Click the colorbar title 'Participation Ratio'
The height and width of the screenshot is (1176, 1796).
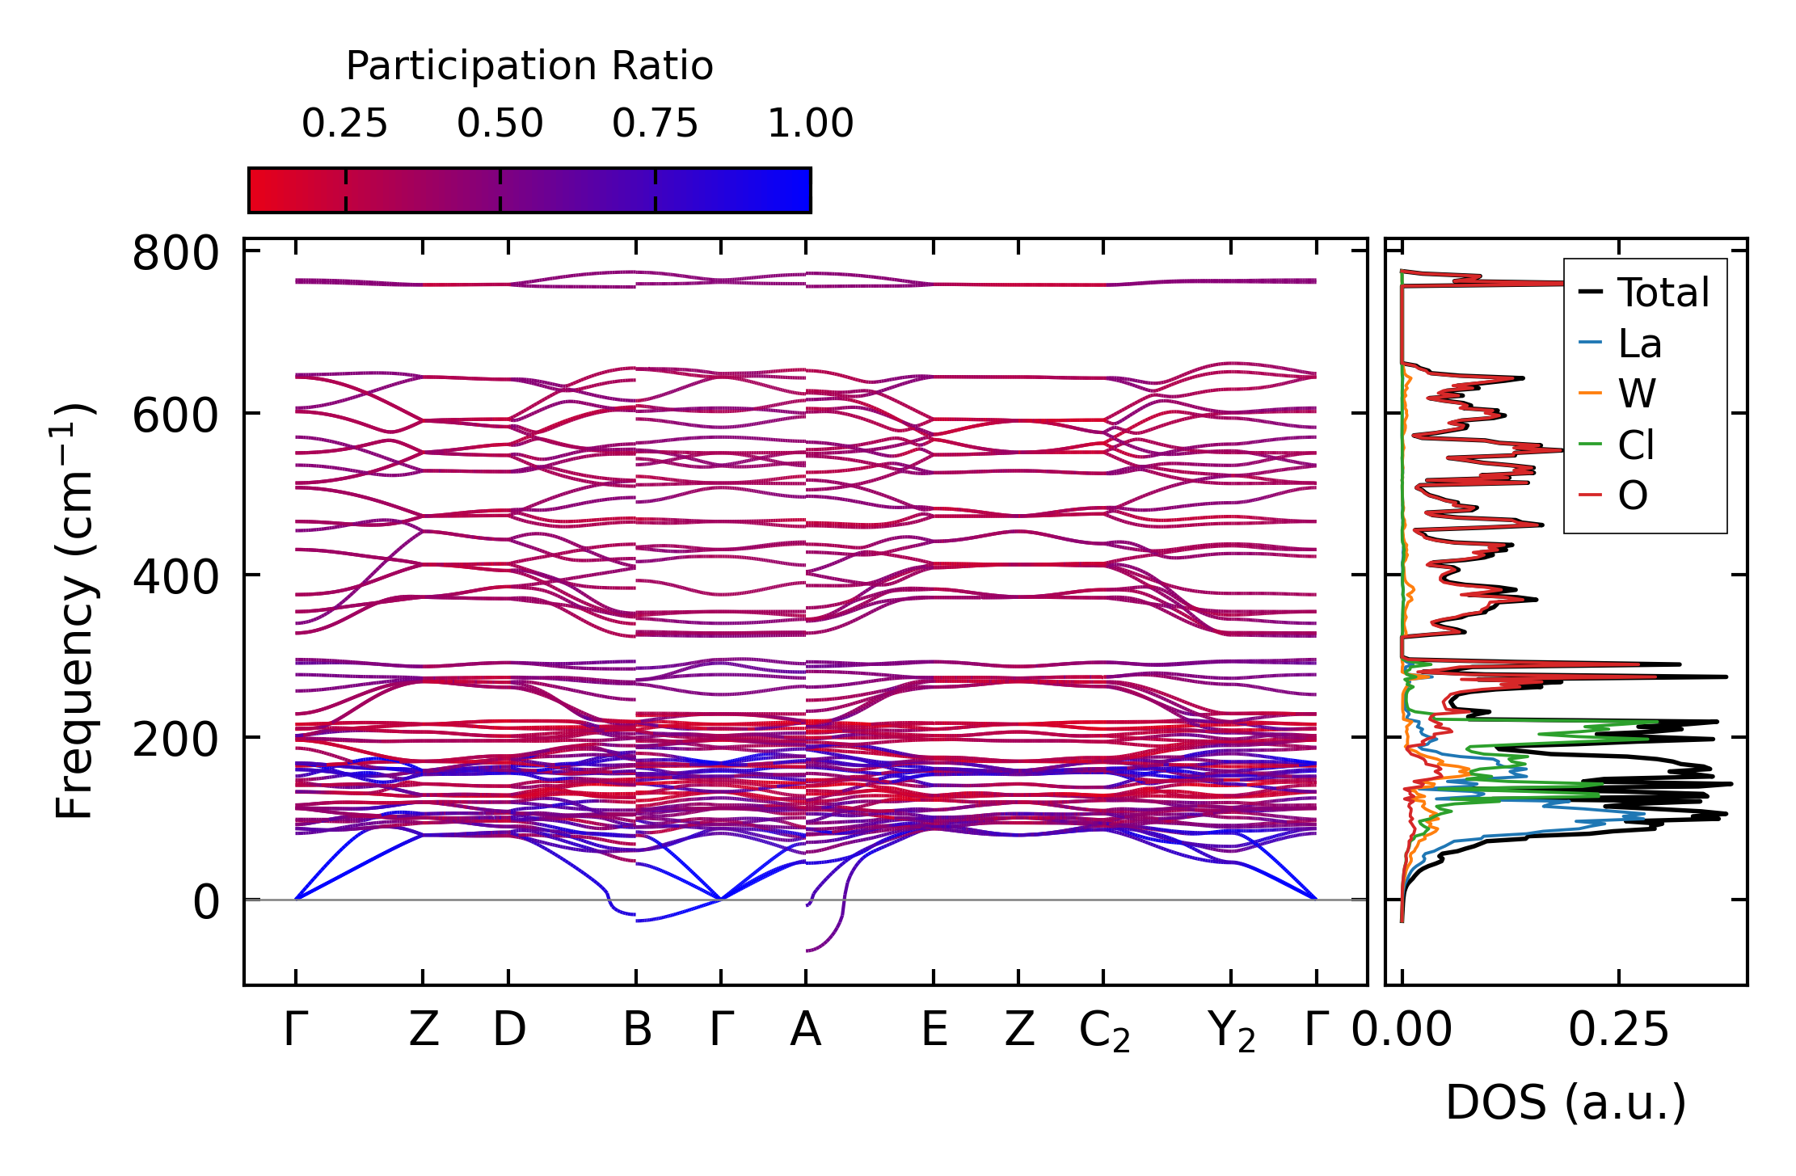529,66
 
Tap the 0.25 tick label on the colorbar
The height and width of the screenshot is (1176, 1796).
345,124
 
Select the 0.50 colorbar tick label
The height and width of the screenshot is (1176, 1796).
500,124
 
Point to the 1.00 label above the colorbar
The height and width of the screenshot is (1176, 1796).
810,124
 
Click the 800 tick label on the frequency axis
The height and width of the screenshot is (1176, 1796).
175,254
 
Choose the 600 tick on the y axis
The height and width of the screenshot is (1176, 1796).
175,417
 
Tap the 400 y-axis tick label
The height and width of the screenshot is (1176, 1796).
175,579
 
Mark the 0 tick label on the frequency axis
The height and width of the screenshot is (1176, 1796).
205,903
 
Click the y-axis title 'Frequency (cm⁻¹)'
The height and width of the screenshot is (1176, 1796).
74,611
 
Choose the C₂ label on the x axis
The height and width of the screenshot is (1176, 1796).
1104,1032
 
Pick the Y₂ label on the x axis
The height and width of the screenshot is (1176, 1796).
1232,1032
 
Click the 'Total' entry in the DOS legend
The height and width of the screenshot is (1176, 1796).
1663,293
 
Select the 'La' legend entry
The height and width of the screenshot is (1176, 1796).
1639,344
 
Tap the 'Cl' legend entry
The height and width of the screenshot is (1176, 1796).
1636,445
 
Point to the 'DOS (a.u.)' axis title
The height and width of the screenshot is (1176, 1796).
1566,1102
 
